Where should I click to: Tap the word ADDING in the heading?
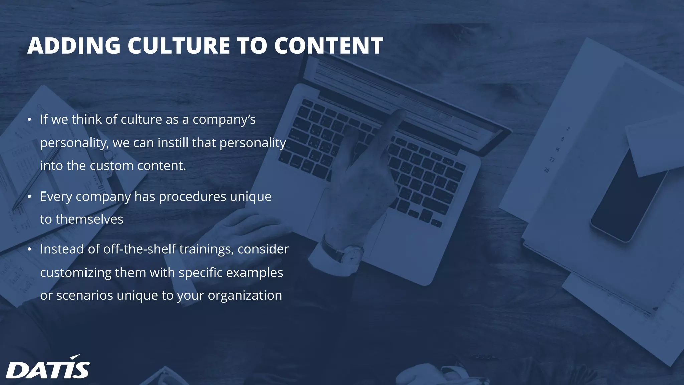click(74, 46)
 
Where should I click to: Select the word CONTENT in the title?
click(329, 46)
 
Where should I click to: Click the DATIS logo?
click(48, 367)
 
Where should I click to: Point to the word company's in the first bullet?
click(224, 120)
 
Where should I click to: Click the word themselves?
click(89, 219)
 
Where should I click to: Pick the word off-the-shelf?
click(140, 249)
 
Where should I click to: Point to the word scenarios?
click(84, 295)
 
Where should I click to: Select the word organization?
click(245, 295)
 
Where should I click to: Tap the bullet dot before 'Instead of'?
click(29, 249)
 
